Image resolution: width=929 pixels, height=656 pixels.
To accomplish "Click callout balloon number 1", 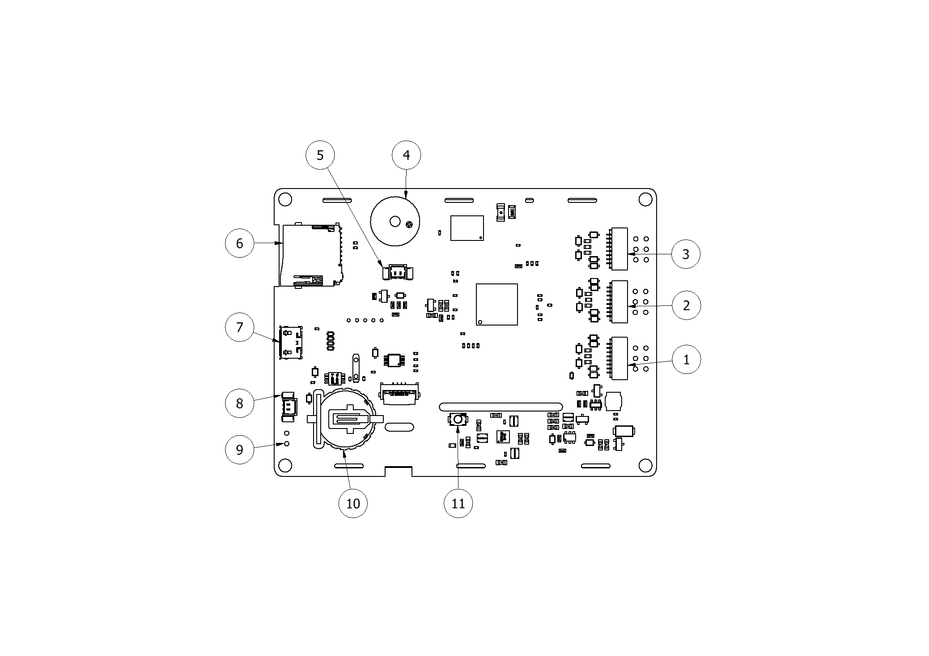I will point(686,359).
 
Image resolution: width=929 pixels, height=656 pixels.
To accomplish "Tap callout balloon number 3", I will point(686,254).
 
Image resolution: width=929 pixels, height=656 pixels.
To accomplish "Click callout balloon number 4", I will point(406,155).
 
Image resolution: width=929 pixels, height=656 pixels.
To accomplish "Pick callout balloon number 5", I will point(320,155).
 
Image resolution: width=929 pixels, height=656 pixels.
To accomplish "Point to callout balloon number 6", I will point(239,243).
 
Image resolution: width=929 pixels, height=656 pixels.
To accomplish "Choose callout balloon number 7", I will point(239,327).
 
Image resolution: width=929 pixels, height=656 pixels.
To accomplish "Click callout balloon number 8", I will point(239,403).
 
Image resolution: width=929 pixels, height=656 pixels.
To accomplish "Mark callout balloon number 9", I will point(239,449).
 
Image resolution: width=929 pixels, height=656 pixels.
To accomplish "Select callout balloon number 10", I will point(353,503).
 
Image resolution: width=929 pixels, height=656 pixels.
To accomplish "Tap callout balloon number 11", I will point(458,503).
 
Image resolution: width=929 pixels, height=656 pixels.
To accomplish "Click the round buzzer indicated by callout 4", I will point(395,221).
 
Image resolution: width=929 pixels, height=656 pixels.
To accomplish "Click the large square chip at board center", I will point(496,304).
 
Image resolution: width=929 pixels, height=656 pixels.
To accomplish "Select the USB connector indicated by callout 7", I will point(291,342).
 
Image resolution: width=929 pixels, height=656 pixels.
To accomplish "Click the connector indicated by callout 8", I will point(289,407).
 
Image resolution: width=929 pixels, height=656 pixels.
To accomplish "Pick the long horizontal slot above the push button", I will point(501,407).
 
